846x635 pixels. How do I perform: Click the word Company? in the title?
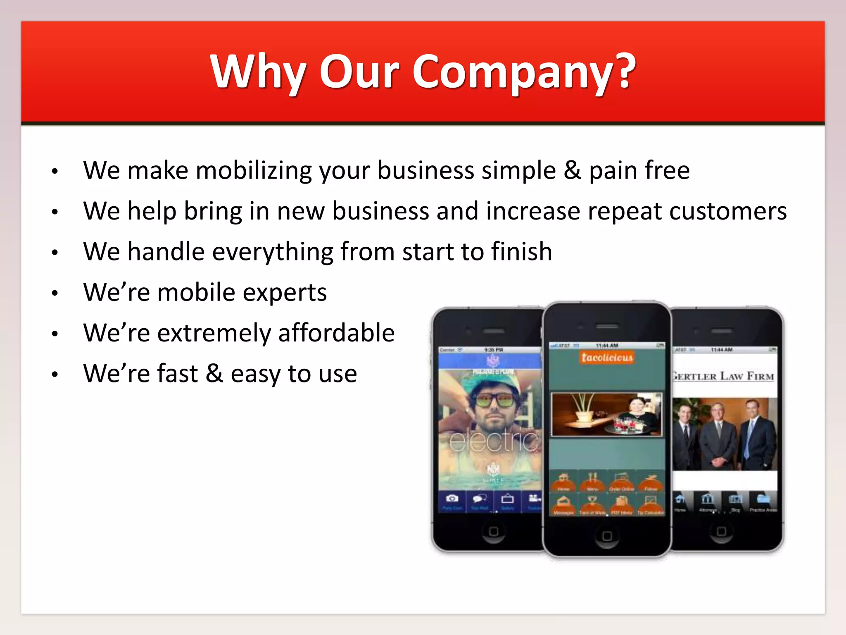click(524, 72)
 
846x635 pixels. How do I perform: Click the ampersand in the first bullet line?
click(572, 170)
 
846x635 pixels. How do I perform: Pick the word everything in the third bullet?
click(273, 252)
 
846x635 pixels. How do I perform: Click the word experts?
click(285, 293)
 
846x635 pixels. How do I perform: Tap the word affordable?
click(336, 333)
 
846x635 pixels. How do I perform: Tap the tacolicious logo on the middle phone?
click(607, 357)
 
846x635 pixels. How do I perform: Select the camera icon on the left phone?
click(452, 498)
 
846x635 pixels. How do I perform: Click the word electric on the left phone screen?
click(494, 442)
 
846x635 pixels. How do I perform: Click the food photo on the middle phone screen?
click(606, 414)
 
